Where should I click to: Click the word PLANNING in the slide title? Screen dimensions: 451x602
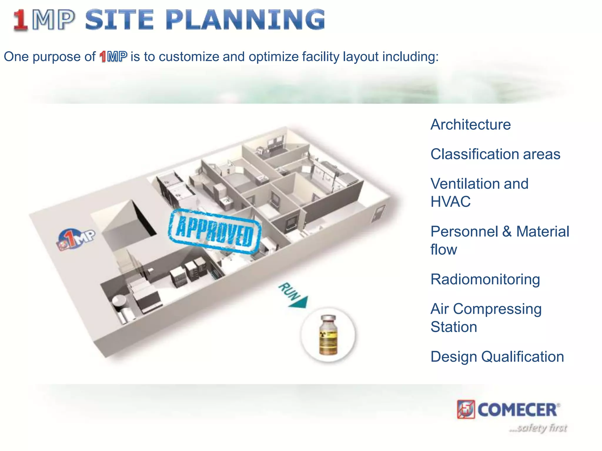point(245,20)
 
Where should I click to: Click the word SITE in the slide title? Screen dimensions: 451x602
point(119,20)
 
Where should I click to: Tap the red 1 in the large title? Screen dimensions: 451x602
point(21,20)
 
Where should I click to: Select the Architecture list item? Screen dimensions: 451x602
point(470,124)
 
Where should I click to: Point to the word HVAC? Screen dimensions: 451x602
point(450,202)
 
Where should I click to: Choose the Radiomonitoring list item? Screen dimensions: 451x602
point(485,279)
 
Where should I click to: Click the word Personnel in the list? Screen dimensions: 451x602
point(464,231)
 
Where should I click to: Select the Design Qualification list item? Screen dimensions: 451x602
point(497,357)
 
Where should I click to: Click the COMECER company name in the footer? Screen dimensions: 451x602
point(517,410)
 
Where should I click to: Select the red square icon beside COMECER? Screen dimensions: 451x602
point(466,409)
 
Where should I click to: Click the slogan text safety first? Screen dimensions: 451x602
point(538,428)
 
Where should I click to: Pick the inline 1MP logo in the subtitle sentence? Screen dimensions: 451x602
point(113,57)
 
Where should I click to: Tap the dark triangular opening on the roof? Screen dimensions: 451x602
point(143,219)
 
